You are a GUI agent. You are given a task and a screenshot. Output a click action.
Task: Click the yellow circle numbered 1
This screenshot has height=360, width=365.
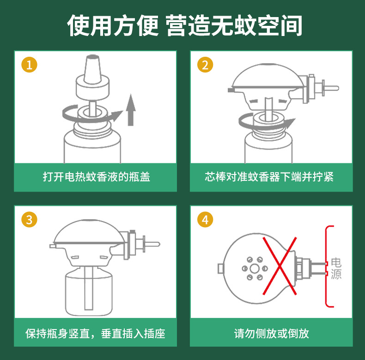click(29, 65)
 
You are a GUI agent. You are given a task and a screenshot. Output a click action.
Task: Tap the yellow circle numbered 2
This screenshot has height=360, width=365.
click(205, 65)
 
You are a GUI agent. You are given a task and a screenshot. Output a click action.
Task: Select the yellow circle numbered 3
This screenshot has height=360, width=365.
click(29, 220)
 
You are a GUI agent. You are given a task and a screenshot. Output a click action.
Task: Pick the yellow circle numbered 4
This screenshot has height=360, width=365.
click(205, 220)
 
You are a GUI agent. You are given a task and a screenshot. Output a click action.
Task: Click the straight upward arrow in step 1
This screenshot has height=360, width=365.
click(131, 110)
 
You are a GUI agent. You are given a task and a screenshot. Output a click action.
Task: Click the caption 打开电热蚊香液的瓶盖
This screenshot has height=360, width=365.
click(97, 177)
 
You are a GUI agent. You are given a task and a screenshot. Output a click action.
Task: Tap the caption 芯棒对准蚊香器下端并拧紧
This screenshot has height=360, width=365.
click(269, 177)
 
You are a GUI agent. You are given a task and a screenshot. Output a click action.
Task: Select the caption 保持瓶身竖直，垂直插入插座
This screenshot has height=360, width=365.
click(95, 334)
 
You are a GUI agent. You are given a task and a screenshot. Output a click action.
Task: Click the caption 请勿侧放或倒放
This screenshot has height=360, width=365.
click(271, 334)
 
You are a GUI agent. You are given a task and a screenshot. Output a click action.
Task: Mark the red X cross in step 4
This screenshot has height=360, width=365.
click(280, 266)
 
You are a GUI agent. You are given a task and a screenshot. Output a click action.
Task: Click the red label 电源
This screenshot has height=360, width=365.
click(336, 268)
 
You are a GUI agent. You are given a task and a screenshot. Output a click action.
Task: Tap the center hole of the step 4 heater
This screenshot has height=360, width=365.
click(255, 269)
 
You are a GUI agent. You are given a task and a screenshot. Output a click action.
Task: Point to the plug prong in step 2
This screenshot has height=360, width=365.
click(331, 88)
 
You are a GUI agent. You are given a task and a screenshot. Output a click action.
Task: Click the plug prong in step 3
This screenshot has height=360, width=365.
click(152, 244)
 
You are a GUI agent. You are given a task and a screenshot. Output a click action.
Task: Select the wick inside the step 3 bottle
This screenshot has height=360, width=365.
click(89, 288)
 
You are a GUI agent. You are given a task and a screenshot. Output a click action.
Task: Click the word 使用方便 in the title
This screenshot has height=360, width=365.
click(113, 25)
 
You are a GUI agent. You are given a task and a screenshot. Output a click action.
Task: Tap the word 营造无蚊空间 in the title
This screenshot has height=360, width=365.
click(234, 25)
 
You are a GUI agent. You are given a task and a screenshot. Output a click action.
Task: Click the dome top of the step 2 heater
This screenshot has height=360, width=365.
click(268, 76)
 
